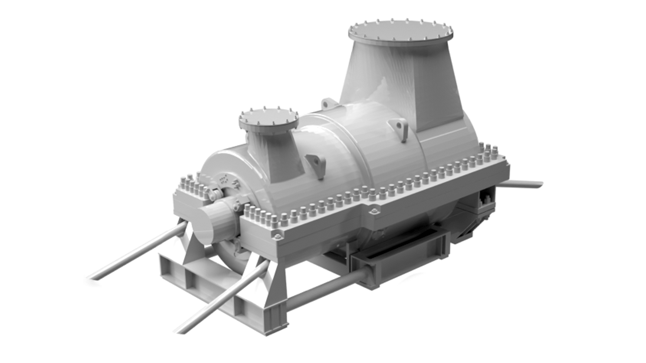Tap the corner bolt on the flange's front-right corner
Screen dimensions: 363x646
pos(277,236)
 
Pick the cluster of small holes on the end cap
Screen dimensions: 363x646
pos(223,180)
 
